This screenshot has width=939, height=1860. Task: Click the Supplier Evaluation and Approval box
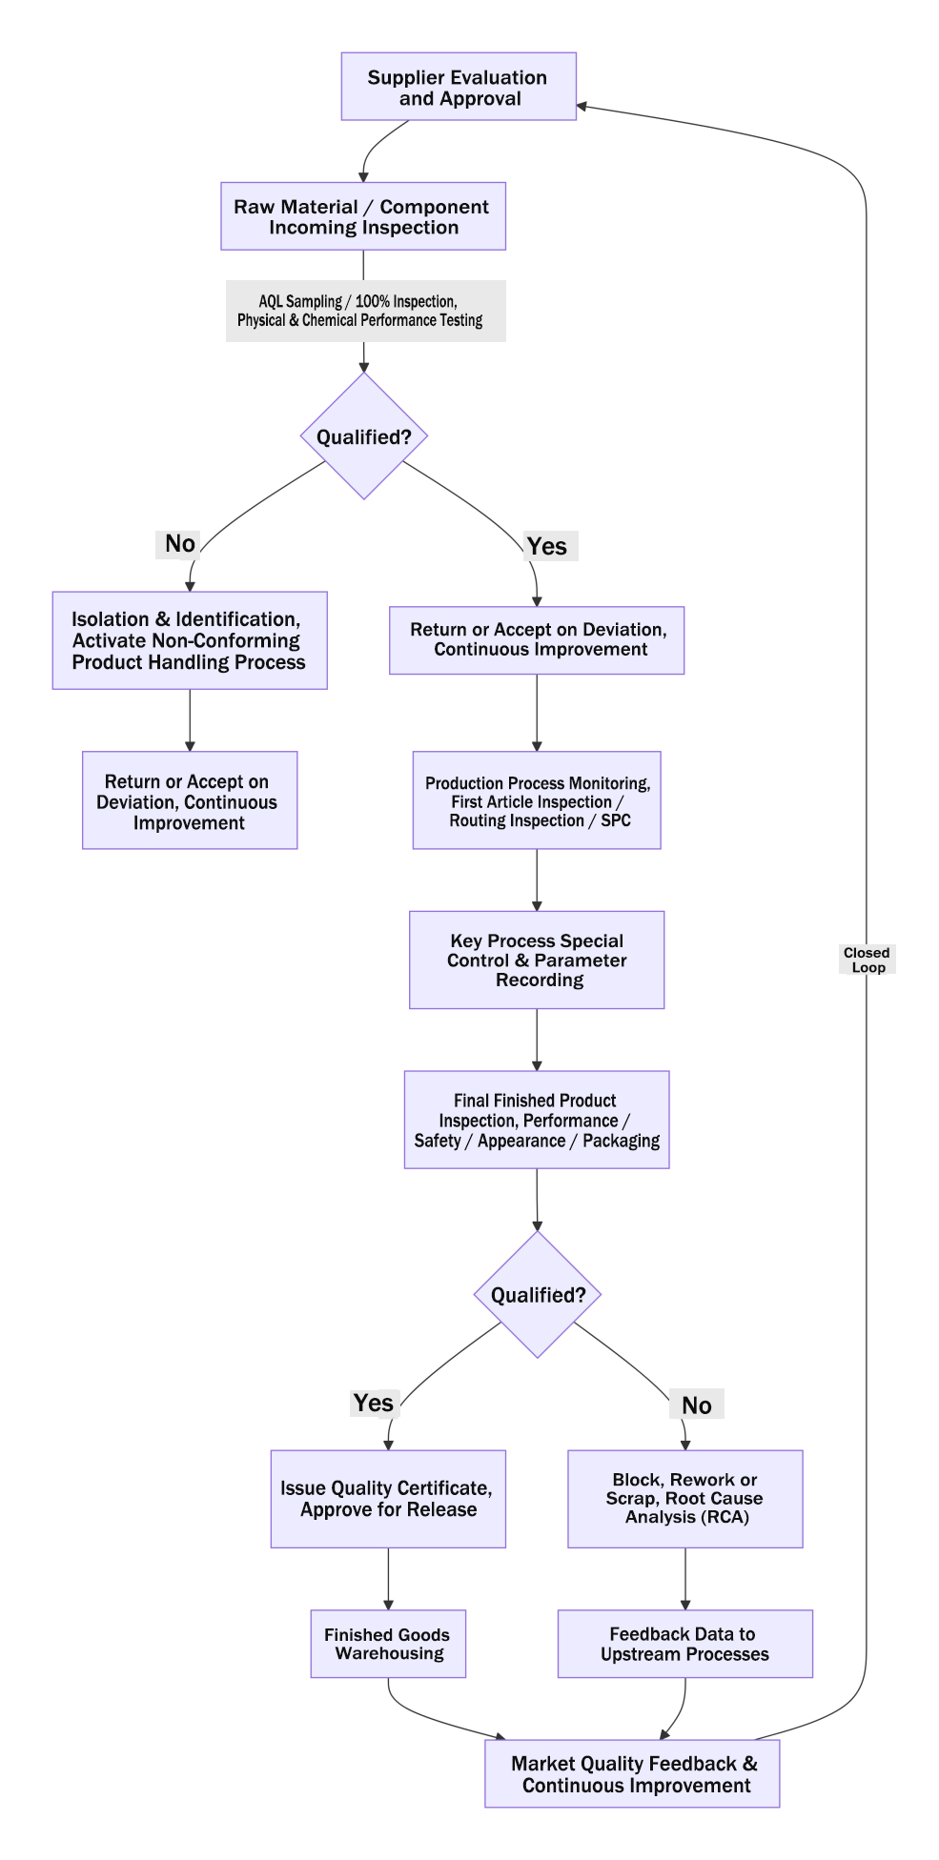(459, 87)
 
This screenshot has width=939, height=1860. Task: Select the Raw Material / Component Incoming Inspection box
(363, 216)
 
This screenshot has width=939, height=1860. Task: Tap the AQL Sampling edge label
(365, 311)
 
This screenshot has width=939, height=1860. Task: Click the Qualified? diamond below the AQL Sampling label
(364, 435)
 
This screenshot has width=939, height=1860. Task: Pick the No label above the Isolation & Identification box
(179, 544)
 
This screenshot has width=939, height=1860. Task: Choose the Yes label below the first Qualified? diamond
(548, 546)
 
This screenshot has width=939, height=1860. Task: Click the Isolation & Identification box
(190, 640)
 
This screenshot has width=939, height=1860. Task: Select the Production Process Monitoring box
(537, 800)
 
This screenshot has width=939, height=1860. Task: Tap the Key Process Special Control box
(537, 960)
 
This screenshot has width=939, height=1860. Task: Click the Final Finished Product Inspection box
(537, 1121)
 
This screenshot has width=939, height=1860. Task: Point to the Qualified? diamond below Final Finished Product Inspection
(538, 1295)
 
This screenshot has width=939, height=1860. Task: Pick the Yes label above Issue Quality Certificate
(374, 1403)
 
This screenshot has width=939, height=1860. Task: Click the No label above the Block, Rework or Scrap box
(697, 1405)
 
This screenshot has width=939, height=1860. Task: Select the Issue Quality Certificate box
(388, 1499)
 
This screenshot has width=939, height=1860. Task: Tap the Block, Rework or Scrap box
(685, 1499)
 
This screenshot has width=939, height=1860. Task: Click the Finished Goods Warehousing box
(388, 1644)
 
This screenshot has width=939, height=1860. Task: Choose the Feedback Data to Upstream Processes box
(685, 1644)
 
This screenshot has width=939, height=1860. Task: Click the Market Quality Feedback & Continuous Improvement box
(632, 1773)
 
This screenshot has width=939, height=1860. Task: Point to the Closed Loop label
(868, 960)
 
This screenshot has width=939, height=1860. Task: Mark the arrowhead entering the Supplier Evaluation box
(582, 106)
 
